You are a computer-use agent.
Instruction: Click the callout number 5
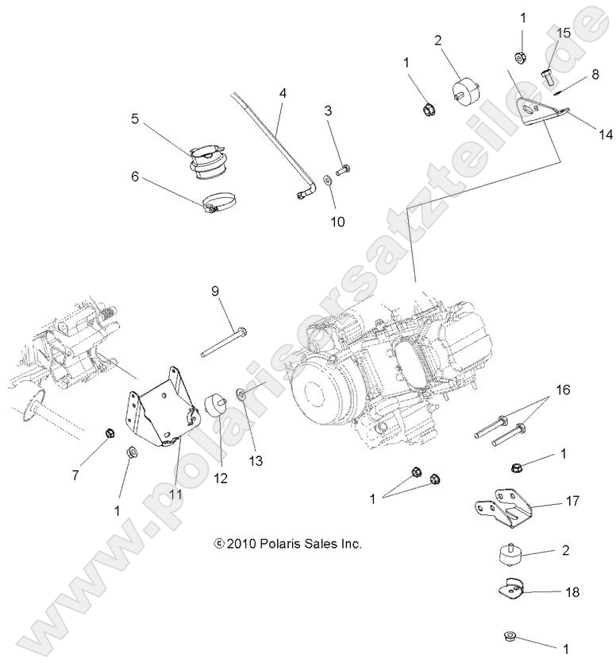135,119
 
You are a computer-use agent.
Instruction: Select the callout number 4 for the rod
282,94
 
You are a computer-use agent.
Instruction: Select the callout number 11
174,493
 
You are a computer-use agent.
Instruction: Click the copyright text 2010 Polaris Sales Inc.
288,545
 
